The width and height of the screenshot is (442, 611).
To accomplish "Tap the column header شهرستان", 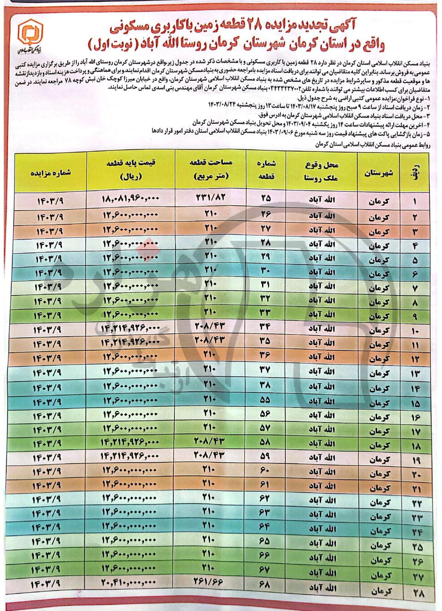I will click(x=379, y=173).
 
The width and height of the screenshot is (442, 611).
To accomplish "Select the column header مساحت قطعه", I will click(x=211, y=169).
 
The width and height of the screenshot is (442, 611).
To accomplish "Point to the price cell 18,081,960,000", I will click(x=131, y=199).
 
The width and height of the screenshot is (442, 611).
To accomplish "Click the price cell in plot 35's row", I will click(x=131, y=344).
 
